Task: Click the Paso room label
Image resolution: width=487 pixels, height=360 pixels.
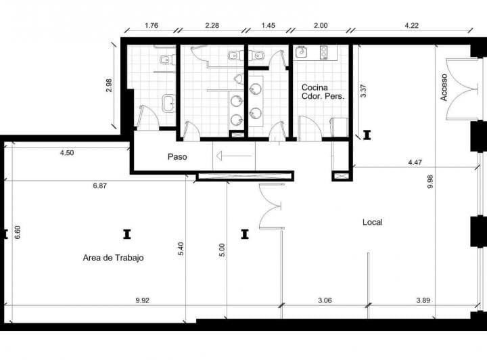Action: pyautogui.click(x=177, y=157)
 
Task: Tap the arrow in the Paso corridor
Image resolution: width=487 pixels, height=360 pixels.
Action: pyautogui.click(x=234, y=156)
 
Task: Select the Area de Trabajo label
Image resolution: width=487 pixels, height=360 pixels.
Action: pyautogui.click(x=113, y=258)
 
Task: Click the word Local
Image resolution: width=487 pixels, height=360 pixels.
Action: pyautogui.click(x=373, y=222)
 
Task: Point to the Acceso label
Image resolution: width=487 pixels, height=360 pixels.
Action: pyautogui.click(x=444, y=87)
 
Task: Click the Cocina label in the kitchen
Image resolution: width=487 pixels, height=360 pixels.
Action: pyautogui.click(x=315, y=87)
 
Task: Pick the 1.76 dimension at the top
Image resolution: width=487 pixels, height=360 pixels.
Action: pyautogui.click(x=152, y=26)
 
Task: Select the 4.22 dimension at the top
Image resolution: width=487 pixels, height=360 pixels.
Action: pyautogui.click(x=411, y=26)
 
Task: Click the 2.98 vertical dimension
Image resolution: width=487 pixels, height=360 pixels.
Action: pyautogui.click(x=109, y=85)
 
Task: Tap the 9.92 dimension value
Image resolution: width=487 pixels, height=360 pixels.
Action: pyautogui.click(x=143, y=300)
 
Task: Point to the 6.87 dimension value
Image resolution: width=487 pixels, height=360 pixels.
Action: pyautogui.click(x=99, y=185)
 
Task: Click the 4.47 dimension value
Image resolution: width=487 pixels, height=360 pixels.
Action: pyautogui.click(x=415, y=162)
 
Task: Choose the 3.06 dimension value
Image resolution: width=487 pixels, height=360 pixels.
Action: pyautogui.click(x=325, y=300)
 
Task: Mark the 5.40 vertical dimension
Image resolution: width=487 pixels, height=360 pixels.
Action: pyautogui.click(x=181, y=248)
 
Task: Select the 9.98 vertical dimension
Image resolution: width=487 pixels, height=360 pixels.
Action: pyautogui.click(x=430, y=181)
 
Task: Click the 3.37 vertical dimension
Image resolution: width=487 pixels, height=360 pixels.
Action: pyautogui.click(x=363, y=91)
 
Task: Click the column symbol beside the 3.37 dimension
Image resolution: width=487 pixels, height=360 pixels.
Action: pyautogui.click(x=367, y=135)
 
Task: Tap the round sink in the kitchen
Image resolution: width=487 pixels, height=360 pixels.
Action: pyautogui.click(x=301, y=52)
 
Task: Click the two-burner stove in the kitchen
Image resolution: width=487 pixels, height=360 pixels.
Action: pyautogui.click(x=324, y=52)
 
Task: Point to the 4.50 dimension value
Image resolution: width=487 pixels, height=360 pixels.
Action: pyautogui.click(x=67, y=152)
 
